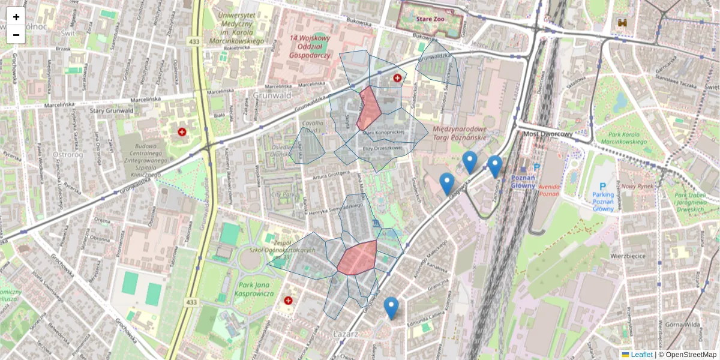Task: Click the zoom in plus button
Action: point(16,17)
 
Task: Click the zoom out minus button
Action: point(16,35)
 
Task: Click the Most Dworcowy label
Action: point(547,134)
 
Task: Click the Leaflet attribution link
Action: point(641,355)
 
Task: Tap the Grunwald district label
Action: point(272,95)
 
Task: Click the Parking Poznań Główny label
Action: point(603,202)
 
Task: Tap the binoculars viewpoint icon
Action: point(623,23)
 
